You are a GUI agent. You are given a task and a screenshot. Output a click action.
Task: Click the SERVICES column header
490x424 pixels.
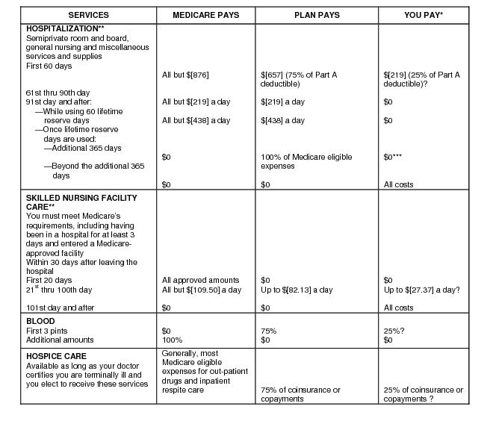coord(88,15)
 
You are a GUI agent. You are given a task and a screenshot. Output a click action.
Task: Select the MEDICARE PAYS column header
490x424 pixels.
coord(205,15)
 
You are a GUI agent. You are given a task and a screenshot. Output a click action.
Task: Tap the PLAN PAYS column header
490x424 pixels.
coord(317,15)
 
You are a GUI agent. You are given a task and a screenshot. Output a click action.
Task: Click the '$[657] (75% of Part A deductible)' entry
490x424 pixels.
coord(308,79)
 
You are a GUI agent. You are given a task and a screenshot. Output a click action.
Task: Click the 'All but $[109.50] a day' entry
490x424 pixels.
coord(201,290)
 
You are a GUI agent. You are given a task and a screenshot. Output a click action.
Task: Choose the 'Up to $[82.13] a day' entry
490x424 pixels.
coord(297,290)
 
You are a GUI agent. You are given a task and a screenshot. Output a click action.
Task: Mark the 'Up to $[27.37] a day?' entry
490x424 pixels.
coord(421,290)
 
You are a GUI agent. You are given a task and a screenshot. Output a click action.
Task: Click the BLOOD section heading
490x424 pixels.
coord(40,322)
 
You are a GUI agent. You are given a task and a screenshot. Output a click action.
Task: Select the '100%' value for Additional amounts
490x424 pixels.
coord(172,340)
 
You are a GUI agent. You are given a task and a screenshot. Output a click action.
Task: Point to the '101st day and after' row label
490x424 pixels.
coord(59,308)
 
